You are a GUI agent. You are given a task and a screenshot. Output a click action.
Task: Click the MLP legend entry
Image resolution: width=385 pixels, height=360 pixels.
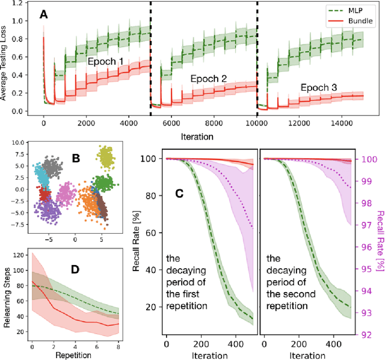pyautogui.click(x=359, y=10)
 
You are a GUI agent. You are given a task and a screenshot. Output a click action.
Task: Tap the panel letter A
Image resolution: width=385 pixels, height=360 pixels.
pyautogui.click(x=43, y=16)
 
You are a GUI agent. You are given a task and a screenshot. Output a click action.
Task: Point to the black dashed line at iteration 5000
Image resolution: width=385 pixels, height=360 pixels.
pyautogui.click(x=150, y=60)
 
